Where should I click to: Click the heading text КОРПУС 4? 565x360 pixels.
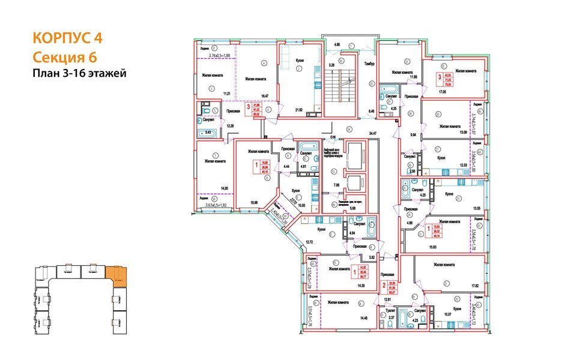(x=66, y=38)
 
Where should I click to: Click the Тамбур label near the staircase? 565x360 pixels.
(x=369, y=64)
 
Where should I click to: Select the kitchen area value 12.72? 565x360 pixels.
(x=310, y=242)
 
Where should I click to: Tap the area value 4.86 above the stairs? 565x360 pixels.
(x=337, y=44)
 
